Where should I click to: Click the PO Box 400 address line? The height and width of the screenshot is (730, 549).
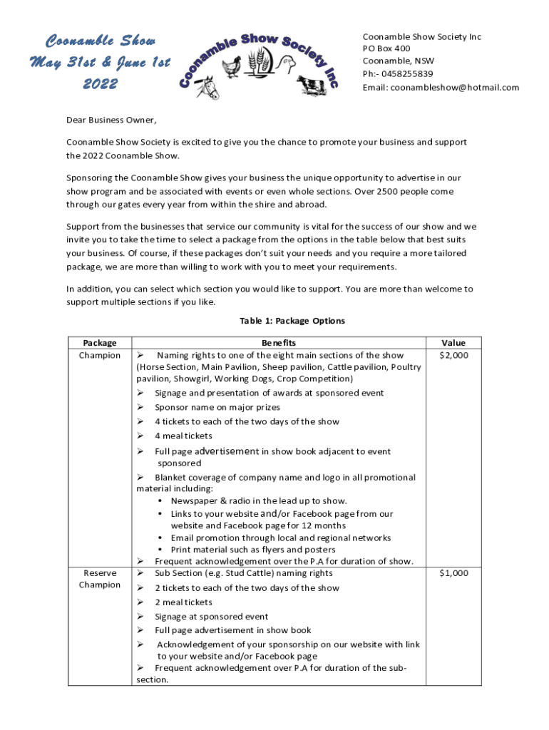386,48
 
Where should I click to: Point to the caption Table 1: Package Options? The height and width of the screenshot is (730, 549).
292,321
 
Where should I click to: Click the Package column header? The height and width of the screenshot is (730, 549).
100,343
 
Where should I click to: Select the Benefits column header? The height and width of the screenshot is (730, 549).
279,343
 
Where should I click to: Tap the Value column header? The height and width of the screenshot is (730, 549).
453,343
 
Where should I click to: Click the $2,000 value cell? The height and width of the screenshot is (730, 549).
453,355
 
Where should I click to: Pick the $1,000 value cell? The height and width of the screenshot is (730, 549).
453,573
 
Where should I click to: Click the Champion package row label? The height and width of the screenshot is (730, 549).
100,355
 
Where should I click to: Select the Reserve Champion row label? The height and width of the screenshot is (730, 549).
100,579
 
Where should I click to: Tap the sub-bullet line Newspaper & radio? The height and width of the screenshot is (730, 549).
259,501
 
